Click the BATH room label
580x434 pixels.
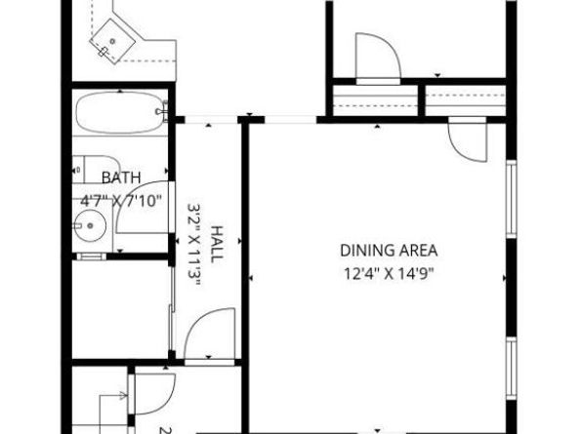(x=121, y=177)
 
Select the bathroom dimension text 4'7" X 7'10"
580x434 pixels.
(x=121, y=202)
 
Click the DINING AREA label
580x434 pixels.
(x=388, y=250)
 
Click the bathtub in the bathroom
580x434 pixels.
(x=118, y=114)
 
